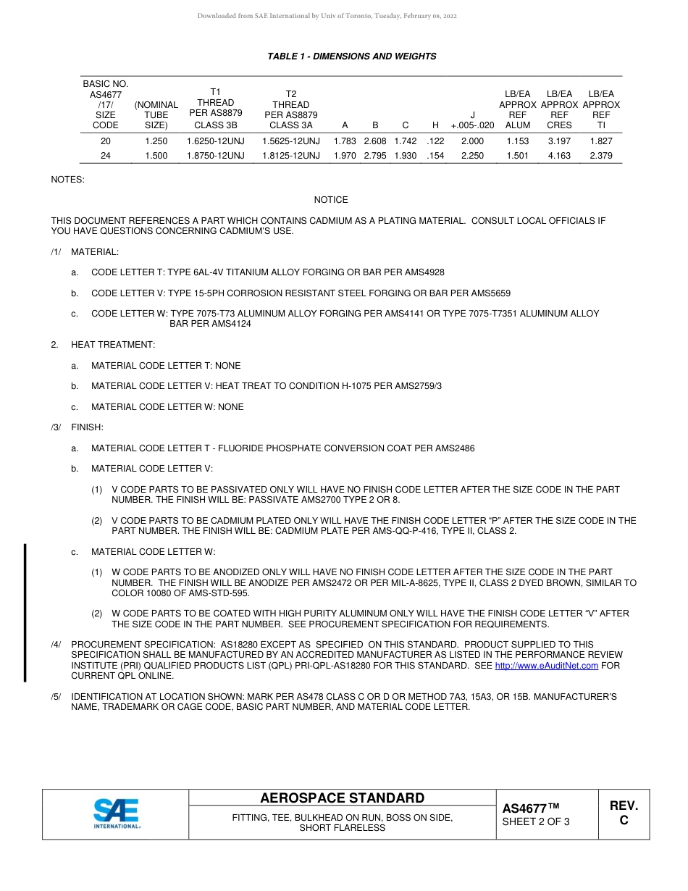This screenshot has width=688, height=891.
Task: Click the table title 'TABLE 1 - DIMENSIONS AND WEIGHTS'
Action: click(352, 57)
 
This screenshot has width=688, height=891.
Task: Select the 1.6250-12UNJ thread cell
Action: click(215, 142)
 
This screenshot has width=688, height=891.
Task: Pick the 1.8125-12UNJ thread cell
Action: click(290, 156)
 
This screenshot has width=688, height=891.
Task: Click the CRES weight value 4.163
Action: click(559, 156)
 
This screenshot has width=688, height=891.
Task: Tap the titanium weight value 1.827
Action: click(600, 142)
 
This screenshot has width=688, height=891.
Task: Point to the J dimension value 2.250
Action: click(472, 156)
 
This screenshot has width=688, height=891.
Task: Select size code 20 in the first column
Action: click(106, 142)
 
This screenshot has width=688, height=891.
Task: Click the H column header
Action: click(435, 125)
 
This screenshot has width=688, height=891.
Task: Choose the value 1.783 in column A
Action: click(345, 142)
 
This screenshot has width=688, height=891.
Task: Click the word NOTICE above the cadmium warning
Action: click(331, 200)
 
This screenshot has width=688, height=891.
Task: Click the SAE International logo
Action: click(116, 813)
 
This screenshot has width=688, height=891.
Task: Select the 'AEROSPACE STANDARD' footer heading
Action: click(342, 798)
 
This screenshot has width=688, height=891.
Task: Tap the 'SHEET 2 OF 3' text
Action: click(535, 822)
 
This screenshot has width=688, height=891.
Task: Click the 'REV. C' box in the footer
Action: click(624, 813)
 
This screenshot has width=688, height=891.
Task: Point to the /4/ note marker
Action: click(56, 645)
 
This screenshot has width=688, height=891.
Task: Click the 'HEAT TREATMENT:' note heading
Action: click(113, 345)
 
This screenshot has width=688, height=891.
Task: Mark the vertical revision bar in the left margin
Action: click(26, 613)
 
